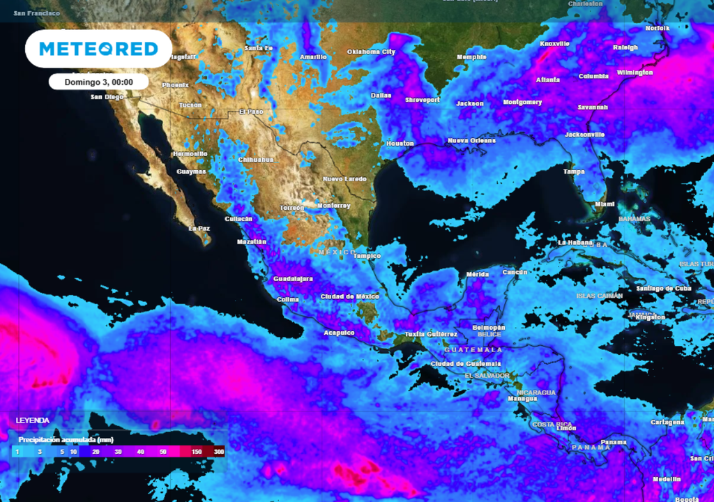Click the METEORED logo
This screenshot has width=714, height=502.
(x=98, y=49)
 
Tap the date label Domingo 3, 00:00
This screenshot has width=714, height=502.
(x=98, y=82)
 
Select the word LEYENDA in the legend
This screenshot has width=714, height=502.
(x=33, y=420)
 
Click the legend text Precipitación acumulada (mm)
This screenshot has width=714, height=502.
(x=66, y=440)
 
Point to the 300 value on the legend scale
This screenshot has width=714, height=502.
(x=219, y=452)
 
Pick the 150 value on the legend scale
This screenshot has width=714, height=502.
(x=196, y=452)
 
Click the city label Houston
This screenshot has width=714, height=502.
(x=400, y=144)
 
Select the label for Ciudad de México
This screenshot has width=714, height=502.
(x=349, y=296)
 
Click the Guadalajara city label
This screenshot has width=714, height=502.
(x=293, y=278)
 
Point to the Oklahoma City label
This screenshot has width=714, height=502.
(x=371, y=52)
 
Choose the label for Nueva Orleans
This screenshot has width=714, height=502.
(x=473, y=141)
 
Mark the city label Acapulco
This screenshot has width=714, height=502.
(x=339, y=333)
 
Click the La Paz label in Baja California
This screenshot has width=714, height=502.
(x=199, y=228)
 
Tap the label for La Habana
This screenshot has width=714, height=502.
(x=576, y=242)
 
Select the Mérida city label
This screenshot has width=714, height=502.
(x=478, y=274)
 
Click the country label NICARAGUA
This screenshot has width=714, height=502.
(x=535, y=392)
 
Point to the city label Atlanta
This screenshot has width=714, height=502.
(x=547, y=79)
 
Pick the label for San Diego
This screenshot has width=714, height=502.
(x=107, y=97)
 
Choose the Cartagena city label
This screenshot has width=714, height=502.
(x=667, y=422)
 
